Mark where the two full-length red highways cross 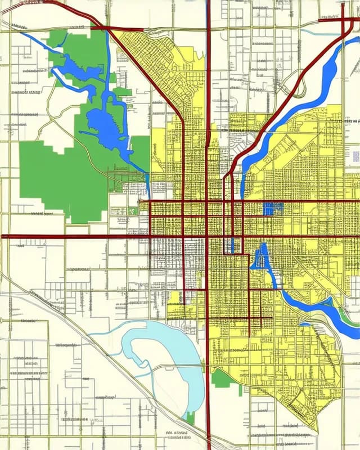pos(208,236)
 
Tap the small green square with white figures pos(132,210)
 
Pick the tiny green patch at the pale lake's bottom pos(190,417)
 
